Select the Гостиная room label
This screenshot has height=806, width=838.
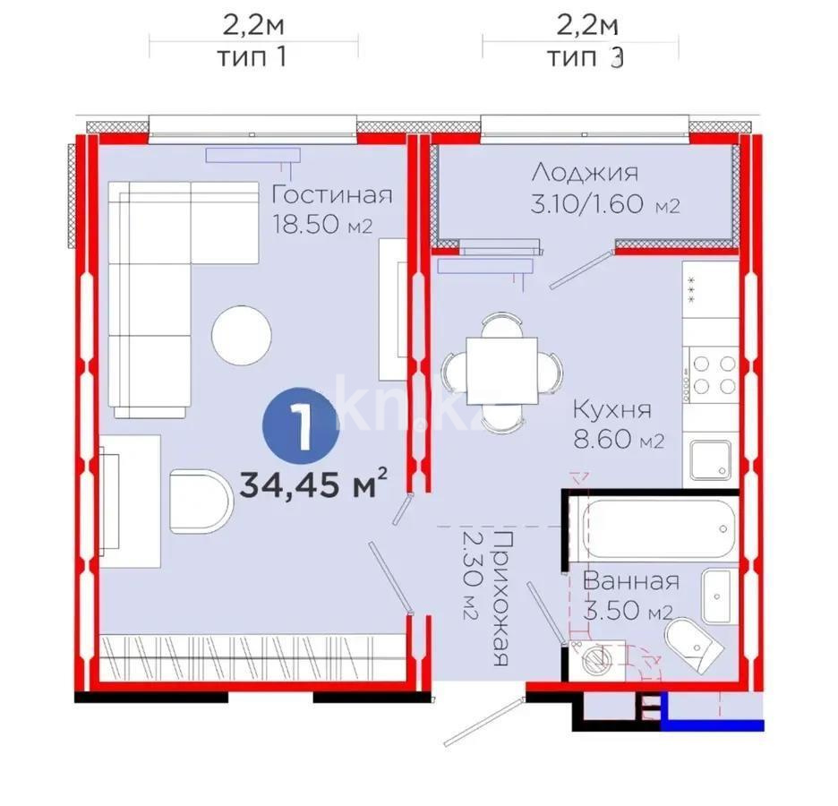[332, 194]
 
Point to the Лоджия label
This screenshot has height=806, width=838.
[584, 173]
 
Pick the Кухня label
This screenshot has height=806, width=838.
[612, 411]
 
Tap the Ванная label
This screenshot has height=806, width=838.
[630, 580]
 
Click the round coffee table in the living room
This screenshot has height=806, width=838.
[241, 335]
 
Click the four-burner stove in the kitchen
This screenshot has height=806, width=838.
[714, 375]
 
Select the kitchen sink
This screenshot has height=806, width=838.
[711, 459]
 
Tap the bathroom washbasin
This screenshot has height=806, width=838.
[719, 596]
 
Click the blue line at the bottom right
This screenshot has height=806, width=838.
[715, 725]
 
